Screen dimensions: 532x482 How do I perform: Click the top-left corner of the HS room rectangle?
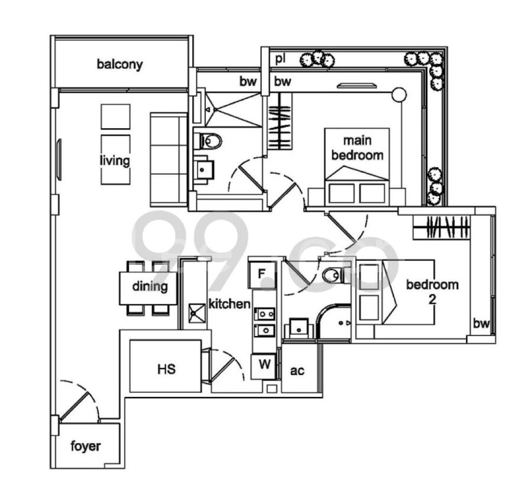[130, 340]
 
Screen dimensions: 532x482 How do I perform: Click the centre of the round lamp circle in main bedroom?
[399, 95]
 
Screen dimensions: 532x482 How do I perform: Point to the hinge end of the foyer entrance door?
[60, 422]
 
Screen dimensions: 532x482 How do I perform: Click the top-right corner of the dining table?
[177, 272]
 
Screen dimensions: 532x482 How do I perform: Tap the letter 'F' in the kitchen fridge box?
[262, 273]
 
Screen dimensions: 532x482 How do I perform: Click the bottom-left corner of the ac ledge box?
[282, 393]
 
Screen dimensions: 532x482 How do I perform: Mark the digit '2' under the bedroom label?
[432, 299]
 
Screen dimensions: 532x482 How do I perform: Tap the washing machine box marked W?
[263, 367]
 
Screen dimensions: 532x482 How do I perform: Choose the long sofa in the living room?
[169, 159]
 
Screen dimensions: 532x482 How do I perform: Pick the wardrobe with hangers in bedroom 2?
[442, 227]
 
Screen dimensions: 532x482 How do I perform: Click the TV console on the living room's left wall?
[59, 159]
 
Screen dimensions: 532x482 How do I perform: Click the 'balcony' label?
[120, 64]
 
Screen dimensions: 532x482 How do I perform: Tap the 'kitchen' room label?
[229, 304]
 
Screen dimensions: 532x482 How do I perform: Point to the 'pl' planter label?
[280, 59]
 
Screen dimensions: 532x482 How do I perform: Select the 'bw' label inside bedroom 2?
[481, 324]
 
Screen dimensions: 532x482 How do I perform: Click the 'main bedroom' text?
[357, 148]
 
